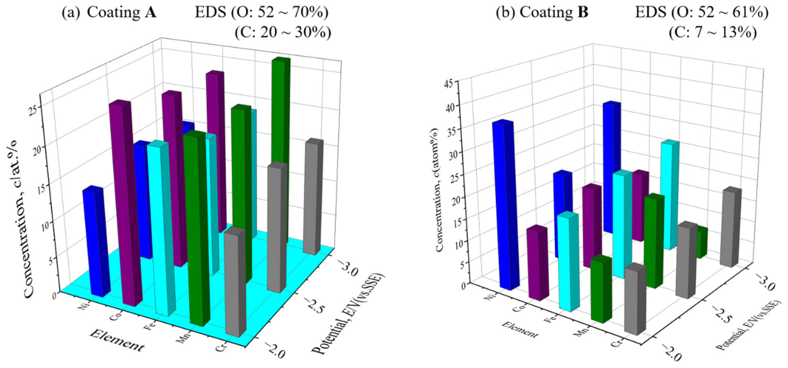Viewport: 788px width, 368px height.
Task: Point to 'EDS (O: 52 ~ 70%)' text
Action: tap(262, 13)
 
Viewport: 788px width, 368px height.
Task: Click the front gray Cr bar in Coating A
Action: tap(235, 283)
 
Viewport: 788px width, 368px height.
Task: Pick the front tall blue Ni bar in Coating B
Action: tap(506, 205)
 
